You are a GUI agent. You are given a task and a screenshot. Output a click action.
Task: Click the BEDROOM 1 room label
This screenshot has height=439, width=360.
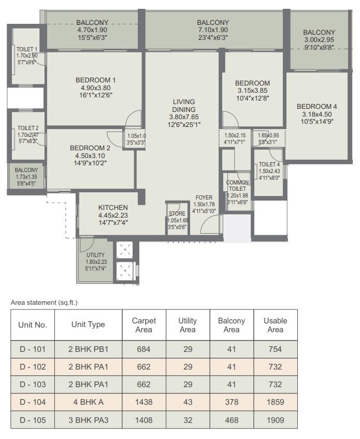(95, 80)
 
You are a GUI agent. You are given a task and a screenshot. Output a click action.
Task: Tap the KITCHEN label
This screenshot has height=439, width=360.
(113, 208)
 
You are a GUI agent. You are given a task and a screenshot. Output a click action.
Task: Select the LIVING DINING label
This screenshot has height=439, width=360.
(184, 106)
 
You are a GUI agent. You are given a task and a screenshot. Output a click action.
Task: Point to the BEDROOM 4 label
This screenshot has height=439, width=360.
(316, 106)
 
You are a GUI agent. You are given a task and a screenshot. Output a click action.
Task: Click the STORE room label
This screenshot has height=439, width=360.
(177, 214)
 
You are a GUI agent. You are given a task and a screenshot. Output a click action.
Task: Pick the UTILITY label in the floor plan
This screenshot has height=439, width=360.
(95, 255)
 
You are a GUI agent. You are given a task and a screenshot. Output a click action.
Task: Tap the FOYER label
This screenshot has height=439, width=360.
(204, 197)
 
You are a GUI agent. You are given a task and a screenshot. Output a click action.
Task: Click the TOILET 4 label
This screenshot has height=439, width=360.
(269, 164)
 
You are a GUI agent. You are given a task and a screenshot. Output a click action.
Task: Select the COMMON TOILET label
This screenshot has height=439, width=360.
(237, 186)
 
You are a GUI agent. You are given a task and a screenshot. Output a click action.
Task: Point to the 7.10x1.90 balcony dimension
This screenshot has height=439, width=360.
(213, 30)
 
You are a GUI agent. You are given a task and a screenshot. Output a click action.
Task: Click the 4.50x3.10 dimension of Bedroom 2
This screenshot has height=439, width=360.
(90, 155)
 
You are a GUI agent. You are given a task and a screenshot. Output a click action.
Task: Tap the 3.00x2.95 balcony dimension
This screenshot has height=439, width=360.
(319, 40)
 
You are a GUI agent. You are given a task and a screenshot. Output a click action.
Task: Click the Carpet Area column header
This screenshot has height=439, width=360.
(144, 325)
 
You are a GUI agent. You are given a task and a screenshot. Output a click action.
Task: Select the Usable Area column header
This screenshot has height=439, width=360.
(275, 325)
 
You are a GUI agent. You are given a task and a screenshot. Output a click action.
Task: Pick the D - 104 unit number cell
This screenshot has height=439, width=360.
(33, 402)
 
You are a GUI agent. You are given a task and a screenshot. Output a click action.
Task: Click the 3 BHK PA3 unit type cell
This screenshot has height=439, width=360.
(89, 420)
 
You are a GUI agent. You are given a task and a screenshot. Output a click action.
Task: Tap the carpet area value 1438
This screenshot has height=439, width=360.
(144, 402)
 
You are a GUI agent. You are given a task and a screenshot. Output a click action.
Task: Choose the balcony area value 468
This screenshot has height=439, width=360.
(232, 420)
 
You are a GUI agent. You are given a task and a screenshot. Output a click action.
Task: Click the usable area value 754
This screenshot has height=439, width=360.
(275, 349)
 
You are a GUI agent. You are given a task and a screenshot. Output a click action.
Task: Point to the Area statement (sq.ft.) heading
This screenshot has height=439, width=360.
(44, 302)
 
